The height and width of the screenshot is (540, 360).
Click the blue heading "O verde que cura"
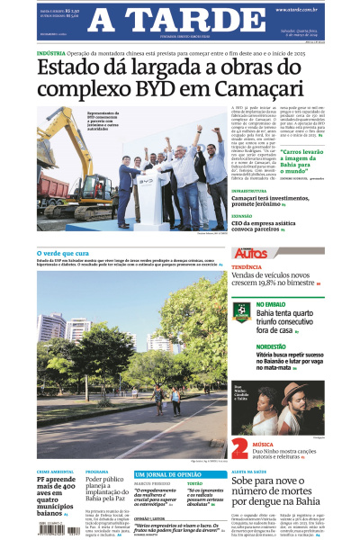(x=61, y=253)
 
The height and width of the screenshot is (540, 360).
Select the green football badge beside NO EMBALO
(x=240, y=310)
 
